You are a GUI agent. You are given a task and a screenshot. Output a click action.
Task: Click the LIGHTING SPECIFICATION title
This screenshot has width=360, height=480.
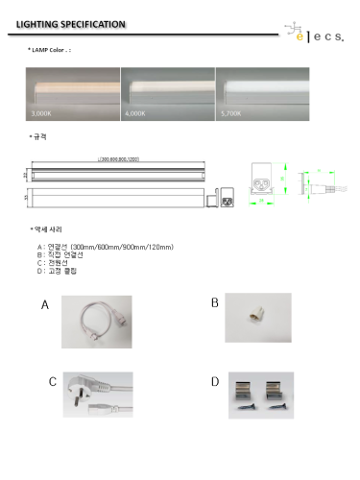point(64,22)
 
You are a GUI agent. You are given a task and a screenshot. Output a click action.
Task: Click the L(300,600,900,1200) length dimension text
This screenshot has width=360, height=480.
point(119,159)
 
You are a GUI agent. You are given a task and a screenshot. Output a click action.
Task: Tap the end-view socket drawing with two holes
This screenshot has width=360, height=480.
point(260,180)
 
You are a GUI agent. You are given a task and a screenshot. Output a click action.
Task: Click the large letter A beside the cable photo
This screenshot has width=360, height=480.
point(45,306)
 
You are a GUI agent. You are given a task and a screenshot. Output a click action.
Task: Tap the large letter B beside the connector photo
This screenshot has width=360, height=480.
point(214,303)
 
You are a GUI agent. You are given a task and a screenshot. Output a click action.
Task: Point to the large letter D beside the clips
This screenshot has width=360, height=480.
point(214,382)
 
